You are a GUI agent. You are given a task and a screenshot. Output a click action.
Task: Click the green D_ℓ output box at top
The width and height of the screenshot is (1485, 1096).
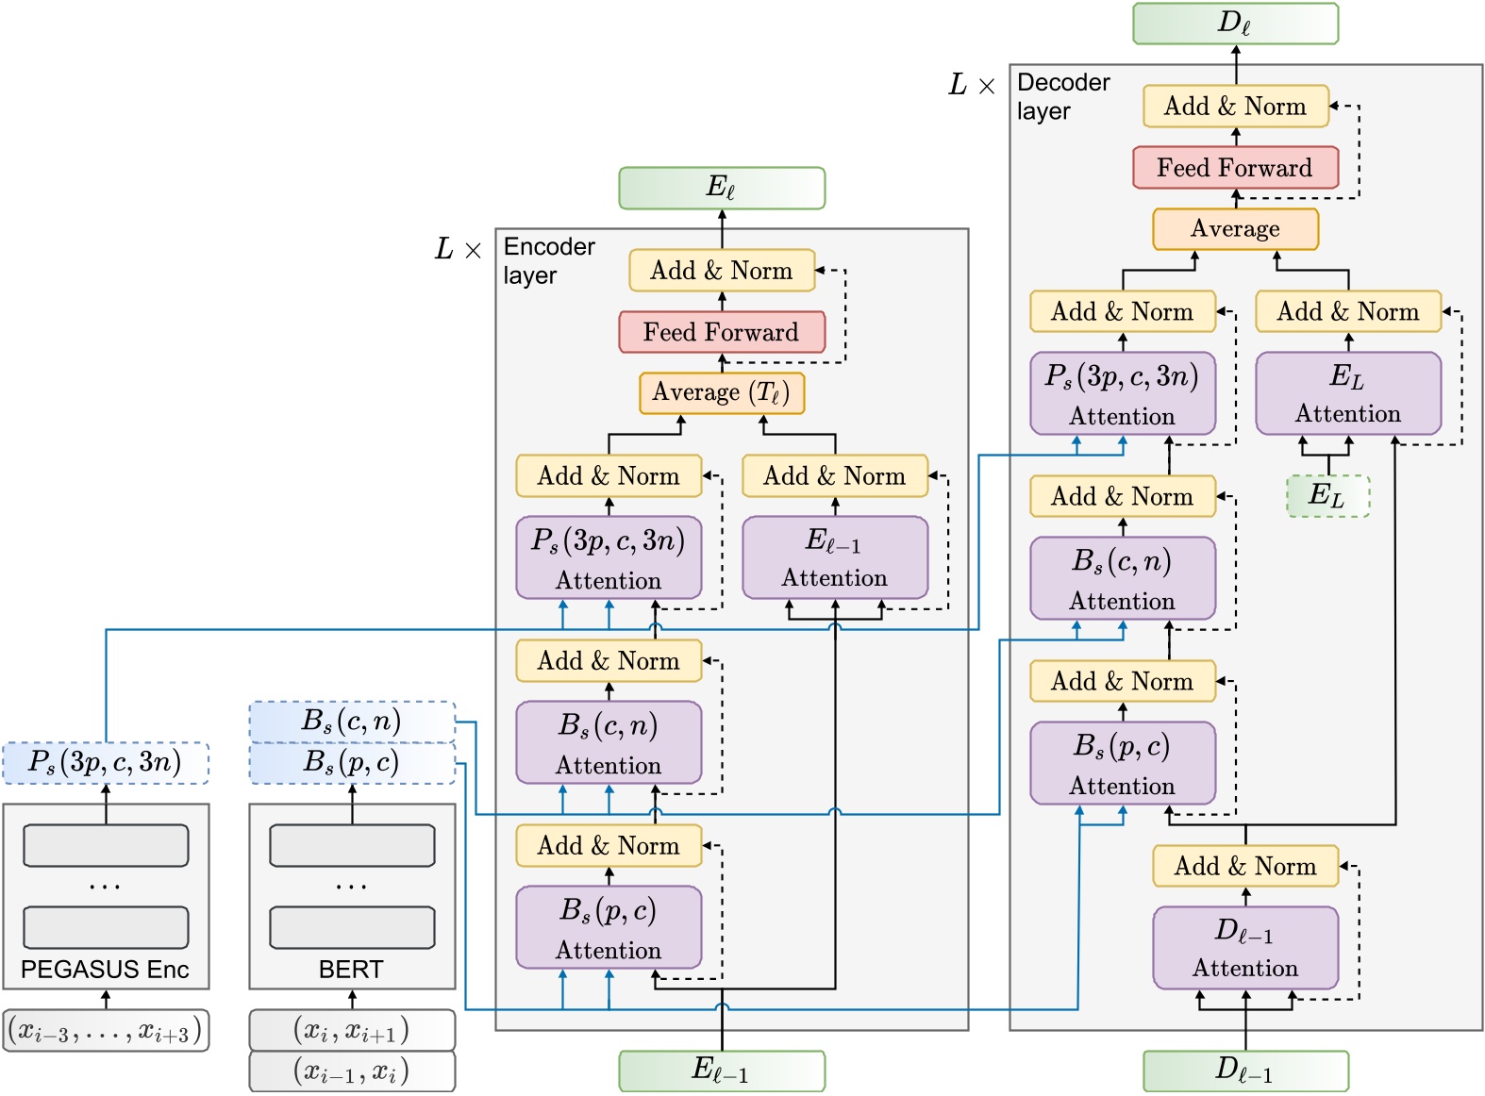[x=1235, y=24]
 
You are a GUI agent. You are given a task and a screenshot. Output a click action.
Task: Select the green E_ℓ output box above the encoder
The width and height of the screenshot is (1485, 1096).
[x=722, y=188]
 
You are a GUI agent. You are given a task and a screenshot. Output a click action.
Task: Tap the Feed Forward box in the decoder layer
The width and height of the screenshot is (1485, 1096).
[x=1235, y=168]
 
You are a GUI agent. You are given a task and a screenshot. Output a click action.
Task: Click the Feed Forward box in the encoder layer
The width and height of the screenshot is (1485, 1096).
[x=722, y=332]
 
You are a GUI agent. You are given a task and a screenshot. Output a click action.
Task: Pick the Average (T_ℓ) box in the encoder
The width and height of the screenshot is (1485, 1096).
[x=722, y=392]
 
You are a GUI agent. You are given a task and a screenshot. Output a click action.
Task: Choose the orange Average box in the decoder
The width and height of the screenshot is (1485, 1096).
[x=1235, y=229]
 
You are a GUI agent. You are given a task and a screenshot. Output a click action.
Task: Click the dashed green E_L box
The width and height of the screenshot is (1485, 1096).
[x=1327, y=495]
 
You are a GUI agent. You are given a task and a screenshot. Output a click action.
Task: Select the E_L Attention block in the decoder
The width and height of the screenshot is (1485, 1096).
[x=1347, y=393]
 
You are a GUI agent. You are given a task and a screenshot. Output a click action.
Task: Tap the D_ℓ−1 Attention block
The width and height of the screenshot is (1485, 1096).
[x=1245, y=948]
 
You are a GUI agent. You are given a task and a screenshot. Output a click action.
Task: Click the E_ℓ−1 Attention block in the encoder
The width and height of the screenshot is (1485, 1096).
[x=835, y=557]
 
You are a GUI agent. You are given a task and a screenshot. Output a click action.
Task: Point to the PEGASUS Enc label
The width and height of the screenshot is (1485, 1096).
[x=105, y=970]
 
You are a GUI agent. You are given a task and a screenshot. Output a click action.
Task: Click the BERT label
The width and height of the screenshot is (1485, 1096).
[x=351, y=970]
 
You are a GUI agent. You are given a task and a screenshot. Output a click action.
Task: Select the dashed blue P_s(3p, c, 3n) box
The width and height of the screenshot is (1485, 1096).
[x=105, y=763]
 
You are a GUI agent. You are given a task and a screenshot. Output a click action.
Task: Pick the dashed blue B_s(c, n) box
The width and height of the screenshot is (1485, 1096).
[x=351, y=722]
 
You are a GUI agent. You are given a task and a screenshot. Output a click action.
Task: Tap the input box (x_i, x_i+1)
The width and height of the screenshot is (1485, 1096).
[x=351, y=1030]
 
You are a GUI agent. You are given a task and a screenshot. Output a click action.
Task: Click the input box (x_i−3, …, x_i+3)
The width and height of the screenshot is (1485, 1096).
[x=105, y=1031]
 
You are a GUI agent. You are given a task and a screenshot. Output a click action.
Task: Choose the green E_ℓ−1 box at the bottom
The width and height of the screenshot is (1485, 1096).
[x=722, y=1071]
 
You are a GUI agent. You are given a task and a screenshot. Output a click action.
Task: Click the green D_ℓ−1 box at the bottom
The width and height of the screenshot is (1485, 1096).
[x=1245, y=1071]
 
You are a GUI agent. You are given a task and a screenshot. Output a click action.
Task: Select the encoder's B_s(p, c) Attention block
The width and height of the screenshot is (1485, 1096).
[x=609, y=927]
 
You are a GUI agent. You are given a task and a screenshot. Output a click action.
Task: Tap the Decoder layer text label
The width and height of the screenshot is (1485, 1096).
[x=1062, y=97]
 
